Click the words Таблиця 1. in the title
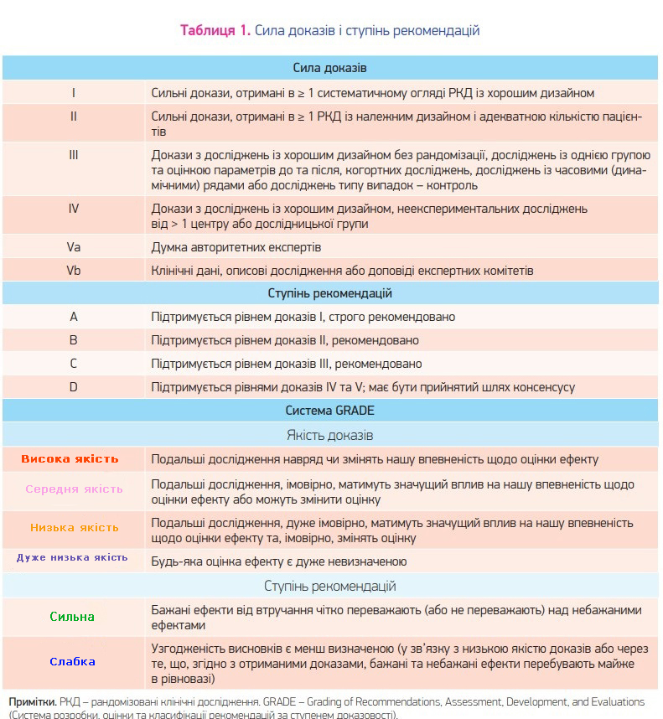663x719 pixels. point(215,31)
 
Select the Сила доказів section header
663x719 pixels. point(330,67)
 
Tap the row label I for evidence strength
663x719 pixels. point(74,93)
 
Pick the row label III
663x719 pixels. point(74,155)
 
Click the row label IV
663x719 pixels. point(74,208)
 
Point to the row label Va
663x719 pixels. point(74,247)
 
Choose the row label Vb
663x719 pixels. point(74,271)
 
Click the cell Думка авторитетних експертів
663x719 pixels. point(236,247)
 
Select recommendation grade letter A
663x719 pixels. point(74,318)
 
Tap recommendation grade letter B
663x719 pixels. point(74,340)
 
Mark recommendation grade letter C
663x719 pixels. point(74,364)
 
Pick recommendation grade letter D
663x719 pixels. point(74,387)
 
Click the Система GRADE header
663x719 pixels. point(330,411)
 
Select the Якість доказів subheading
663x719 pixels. point(330,435)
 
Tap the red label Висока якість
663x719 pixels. point(70,459)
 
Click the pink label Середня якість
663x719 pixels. point(74,489)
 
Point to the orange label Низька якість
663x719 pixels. point(75,528)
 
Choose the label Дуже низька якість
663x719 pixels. point(72,557)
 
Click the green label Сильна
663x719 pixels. point(72,617)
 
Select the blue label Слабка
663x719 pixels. point(72,661)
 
